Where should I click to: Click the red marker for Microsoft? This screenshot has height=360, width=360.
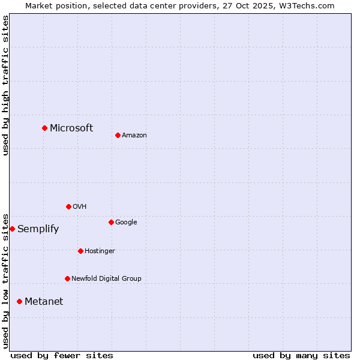click(x=44, y=128)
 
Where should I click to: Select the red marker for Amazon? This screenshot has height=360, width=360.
click(x=118, y=135)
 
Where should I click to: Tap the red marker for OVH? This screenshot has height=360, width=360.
click(x=68, y=206)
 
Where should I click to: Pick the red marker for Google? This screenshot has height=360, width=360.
click(x=111, y=222)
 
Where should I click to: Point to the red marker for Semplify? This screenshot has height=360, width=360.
click(x=12, y=229)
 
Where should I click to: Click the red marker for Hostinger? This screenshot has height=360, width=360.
click(x=80, y=251)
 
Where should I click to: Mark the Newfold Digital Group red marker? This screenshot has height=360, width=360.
click(x=67, y=278)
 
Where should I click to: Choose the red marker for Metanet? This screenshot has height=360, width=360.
click(x=19, y=301)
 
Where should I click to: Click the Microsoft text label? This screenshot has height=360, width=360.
click(x=71, y=128)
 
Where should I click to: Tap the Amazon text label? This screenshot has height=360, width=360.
click(x=134, y=136)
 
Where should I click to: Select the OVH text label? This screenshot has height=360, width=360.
click(x=80, y=207)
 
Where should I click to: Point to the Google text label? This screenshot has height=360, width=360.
click(x=126, y=223)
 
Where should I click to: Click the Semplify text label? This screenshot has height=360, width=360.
click(x=38, y=229)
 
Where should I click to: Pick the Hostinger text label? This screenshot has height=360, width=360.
click(x=100, y=251)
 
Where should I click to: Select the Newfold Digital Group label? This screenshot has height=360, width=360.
click(x=106, y=279)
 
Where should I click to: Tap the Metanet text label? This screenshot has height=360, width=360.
click(x=44, y=302)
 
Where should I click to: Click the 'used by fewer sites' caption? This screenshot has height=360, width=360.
click(x=62, y=356)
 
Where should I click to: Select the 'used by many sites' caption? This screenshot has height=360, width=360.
click(x=301, y=356)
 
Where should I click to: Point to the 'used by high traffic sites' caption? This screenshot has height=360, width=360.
click(x=5, y=85)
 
